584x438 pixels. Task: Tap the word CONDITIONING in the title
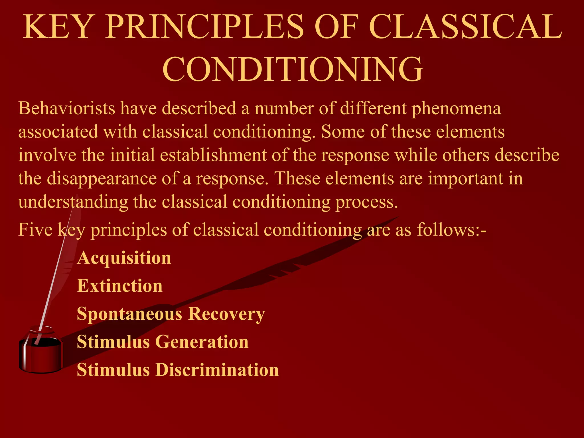click(x=293, y=69)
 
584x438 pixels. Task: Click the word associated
click(x=58, y=132)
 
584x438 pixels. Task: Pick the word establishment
click(x=213, y=155)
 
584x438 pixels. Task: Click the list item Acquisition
click(x=124, y=258)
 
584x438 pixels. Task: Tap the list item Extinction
click(x=120, y=286)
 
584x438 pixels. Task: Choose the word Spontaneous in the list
click(x=130, y=314)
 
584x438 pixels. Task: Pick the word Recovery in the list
click(x=226, y=314)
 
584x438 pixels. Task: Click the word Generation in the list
click(x=202, y=342)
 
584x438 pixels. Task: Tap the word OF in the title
click(x=336, y=27)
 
